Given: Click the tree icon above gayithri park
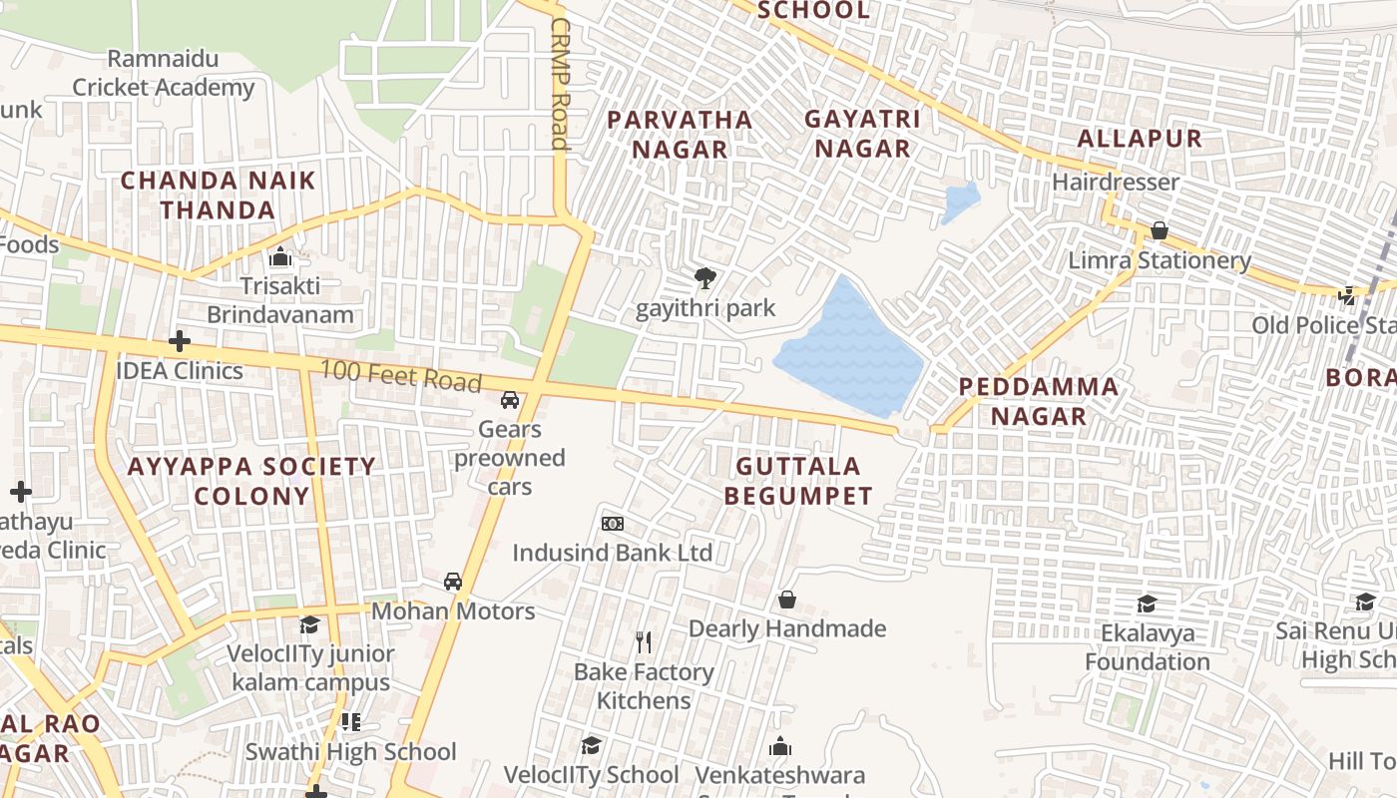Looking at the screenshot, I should (705, 278).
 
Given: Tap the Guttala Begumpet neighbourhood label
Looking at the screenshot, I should (797, 481).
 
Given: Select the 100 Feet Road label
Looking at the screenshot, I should (400, 377).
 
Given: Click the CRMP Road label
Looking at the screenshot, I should (560, 84).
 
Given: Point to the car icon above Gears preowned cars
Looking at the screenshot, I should (510, 400).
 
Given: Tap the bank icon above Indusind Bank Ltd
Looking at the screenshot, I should (613, 524).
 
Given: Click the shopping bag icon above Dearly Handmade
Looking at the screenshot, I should (787, 599).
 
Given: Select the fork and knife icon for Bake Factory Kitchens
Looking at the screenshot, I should (644, 642).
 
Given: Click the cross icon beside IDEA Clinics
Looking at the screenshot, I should (180, 342).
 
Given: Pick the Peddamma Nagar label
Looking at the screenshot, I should (1038, 401).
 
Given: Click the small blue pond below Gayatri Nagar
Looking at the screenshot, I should (959, 203).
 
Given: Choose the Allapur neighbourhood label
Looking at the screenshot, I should (1140, 138).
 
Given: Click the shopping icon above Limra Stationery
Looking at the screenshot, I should (1159, 231).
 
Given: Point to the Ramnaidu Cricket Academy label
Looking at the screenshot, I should (163, 74).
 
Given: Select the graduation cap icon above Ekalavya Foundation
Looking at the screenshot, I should (1147, 604).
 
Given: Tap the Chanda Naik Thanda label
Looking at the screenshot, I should (218, 196).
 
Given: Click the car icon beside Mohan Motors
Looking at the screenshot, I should (453, 582).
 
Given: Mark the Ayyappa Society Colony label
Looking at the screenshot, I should (251, 481).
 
